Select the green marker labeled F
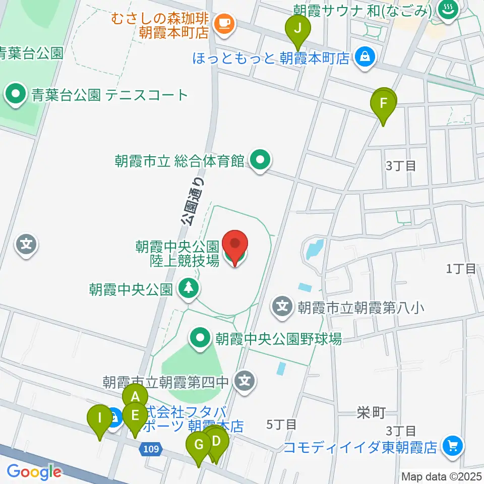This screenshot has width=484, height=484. pos(384,104)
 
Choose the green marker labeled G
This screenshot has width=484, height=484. pos(199,446)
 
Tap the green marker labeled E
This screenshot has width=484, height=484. pos(135,416)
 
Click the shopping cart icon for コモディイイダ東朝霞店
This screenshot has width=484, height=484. pos(452,445)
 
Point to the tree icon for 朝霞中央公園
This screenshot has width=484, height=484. pos(190,288)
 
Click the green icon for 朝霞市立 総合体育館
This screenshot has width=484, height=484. pos(260,161)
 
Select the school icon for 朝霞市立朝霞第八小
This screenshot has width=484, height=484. pos(283,306)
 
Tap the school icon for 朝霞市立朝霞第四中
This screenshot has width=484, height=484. pos(245,381)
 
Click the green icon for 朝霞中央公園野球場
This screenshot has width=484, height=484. pos(200,337)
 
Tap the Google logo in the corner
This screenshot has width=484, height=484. pos(34,472)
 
